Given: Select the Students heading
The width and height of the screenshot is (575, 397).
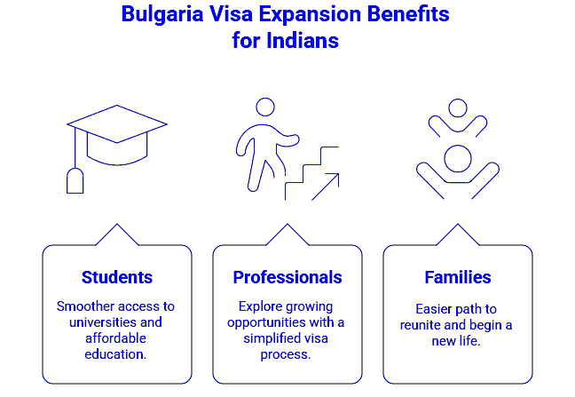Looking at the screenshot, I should tap(117, 277).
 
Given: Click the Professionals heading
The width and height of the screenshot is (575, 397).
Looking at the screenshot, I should tap(287, 277).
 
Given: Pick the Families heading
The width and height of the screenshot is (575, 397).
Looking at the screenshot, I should tap(457, 277).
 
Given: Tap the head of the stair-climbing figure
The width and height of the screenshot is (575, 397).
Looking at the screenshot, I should tap(265, 107).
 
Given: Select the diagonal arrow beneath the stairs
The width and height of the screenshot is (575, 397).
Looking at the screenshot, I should tap(326, 187).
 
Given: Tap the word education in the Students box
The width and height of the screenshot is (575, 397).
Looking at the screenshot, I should tap(116, 353).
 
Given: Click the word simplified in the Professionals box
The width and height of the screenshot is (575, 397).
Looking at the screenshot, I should tap(270, 337).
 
